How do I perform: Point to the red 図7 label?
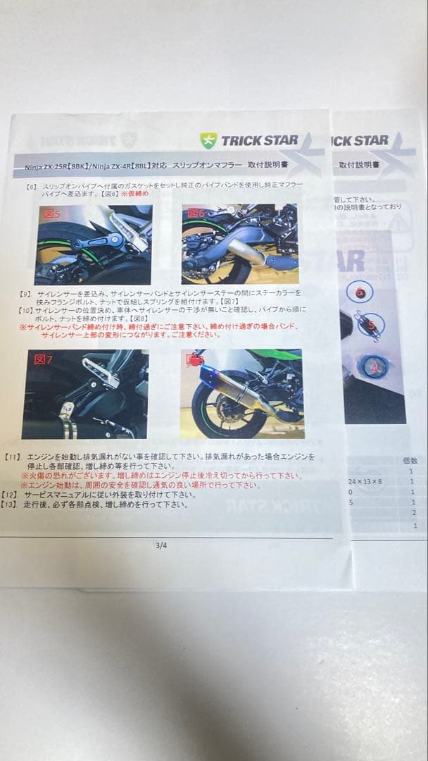click(x=44, y=360)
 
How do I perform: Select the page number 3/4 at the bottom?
click(x=162, y=544)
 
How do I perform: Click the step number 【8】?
click(x=30, y=187)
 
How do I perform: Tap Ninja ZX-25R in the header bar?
click(x=42, y=169)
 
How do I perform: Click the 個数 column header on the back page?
click(x=410, y=459)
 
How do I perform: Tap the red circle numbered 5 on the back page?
click(x=370, y=325)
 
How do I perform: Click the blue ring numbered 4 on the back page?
click(x=374, y=366)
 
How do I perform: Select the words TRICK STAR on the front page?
click(x=260, y=140)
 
